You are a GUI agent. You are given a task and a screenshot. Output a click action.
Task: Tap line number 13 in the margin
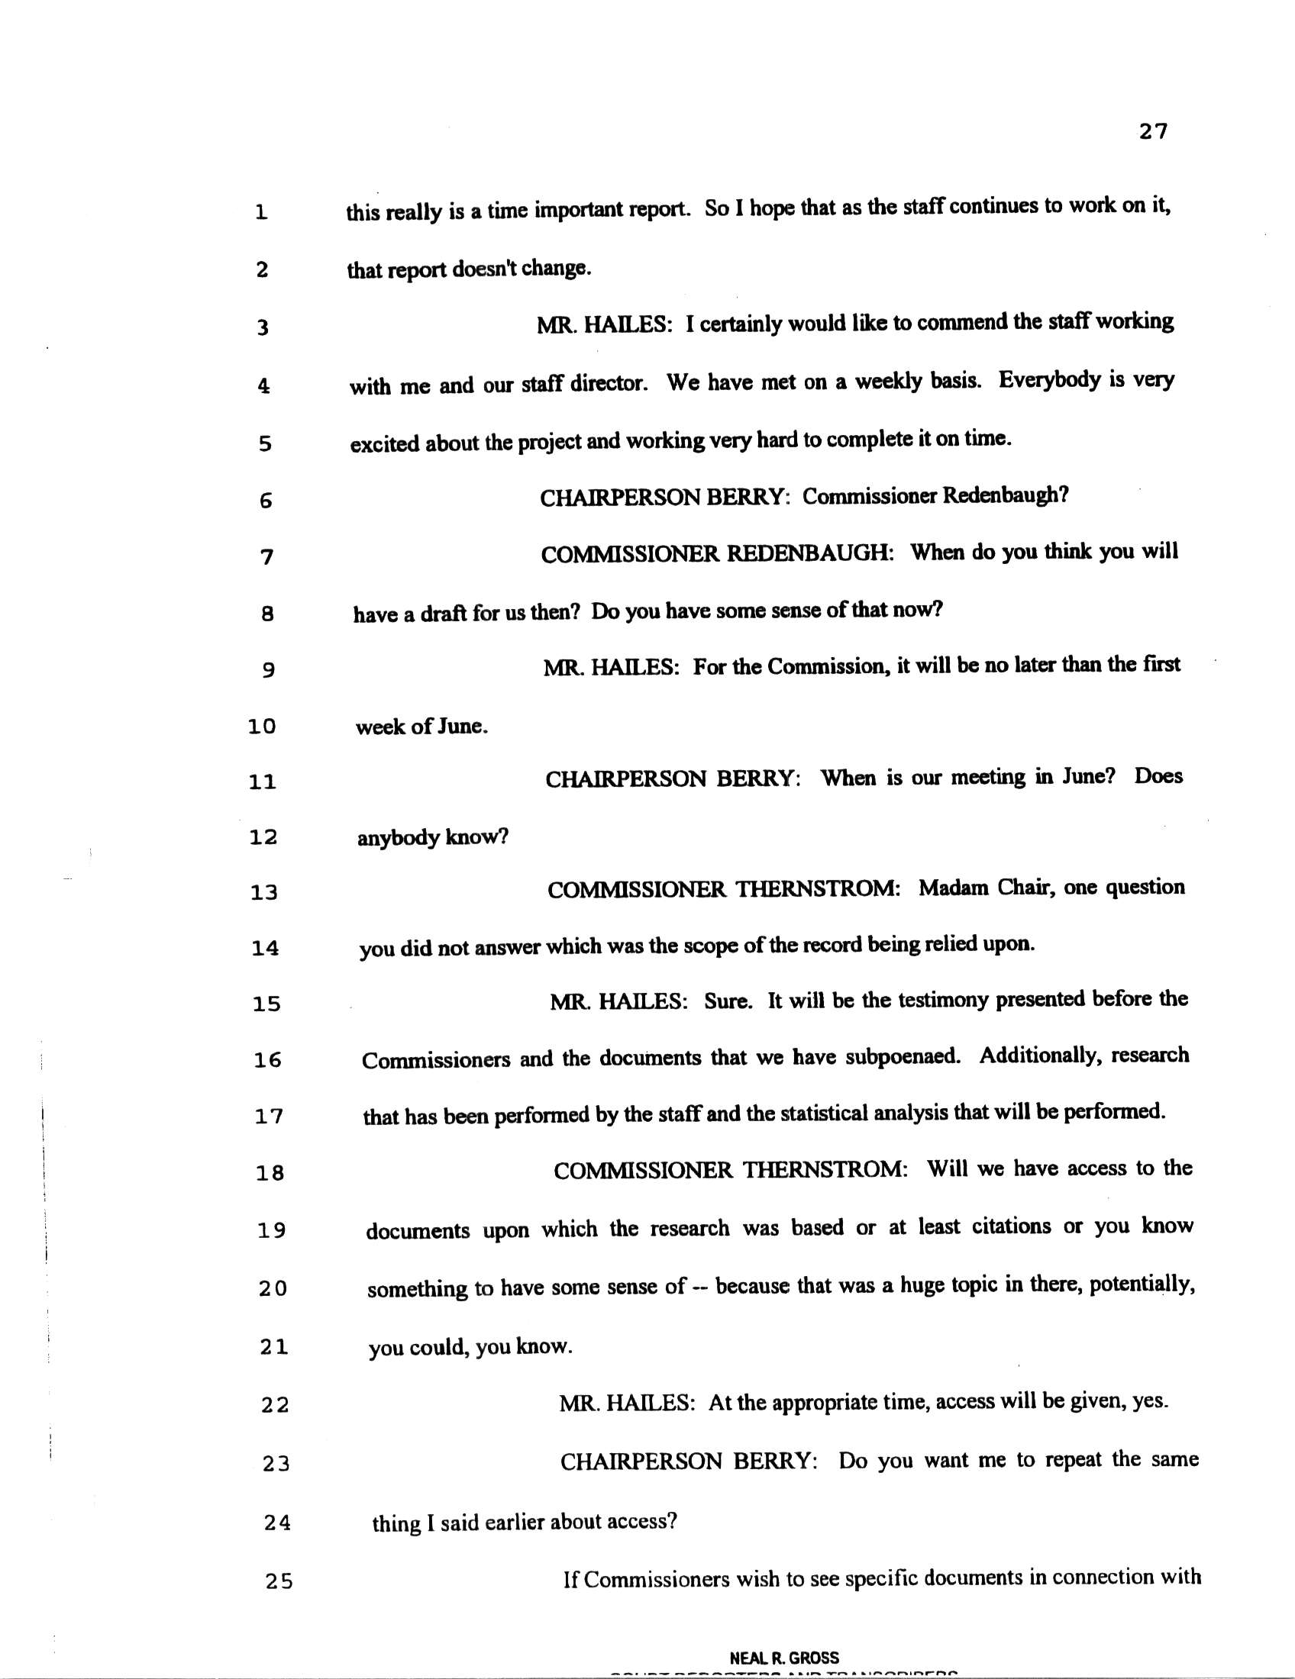click(x=263, y=893)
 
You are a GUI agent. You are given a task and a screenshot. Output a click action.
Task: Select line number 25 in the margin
click(x=279, y=1581)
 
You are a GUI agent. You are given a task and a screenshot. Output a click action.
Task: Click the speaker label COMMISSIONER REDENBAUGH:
click(x=717, y=554)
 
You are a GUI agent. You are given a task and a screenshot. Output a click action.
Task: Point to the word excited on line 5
click(x=385, y=445)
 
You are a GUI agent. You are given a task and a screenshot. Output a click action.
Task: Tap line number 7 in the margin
click(x=266, y=556)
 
